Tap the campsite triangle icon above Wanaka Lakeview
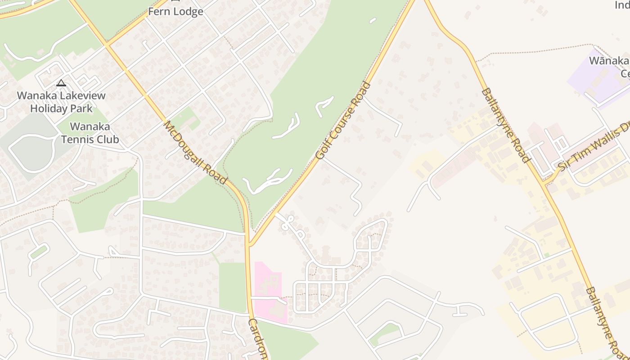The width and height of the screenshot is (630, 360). tap(61, 83)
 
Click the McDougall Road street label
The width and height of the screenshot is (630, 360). tap(195, 152)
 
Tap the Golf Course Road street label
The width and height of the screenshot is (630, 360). tap(343, 120)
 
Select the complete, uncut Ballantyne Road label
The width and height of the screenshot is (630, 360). tap(505, 125)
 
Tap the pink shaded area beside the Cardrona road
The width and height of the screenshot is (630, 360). tap(269, 288)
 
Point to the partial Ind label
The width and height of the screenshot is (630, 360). tap(622, 5)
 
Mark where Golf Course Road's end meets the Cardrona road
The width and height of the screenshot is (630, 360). tap(248, 245)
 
